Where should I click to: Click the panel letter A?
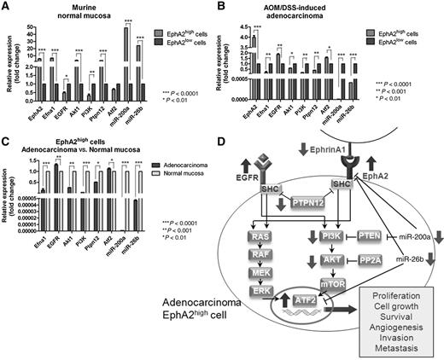click(x=7, y=8)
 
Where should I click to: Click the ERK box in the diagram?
click(x=258, y=315)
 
